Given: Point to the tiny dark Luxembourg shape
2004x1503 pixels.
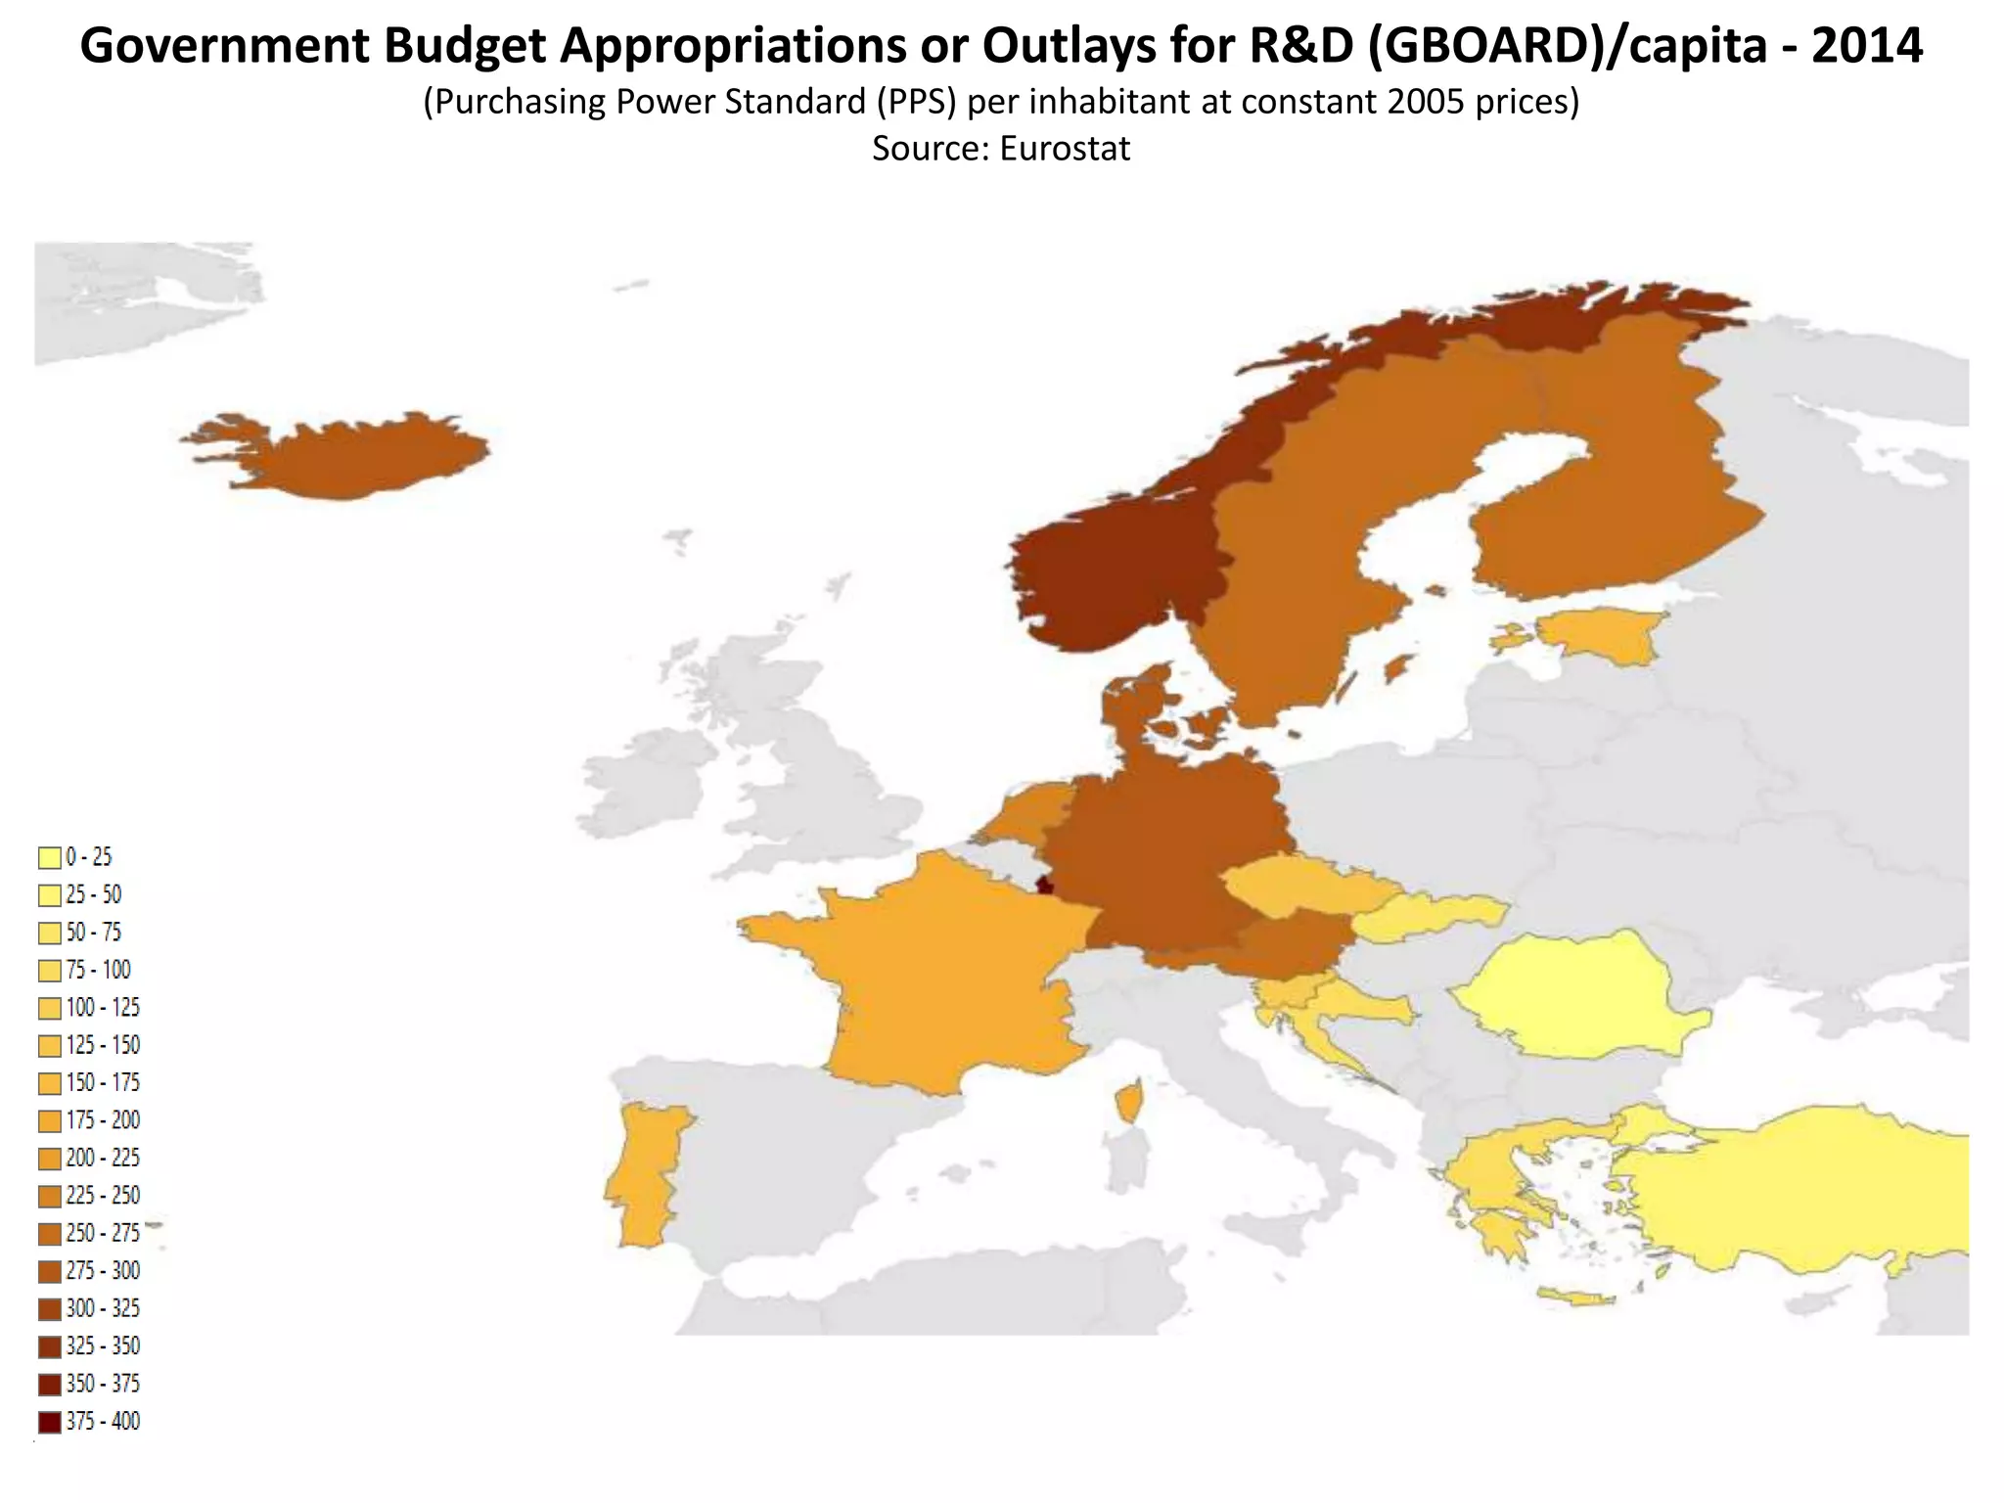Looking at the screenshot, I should pyautogui.click(x=1044, y=885).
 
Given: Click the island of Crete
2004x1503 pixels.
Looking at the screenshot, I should pyautogui.click(x=1575, y=1298).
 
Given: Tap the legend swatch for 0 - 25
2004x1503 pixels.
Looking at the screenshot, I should pyautogui.click(x=50, y=858).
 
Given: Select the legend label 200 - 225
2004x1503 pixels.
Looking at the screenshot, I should pyautogui.click(x=103, y=1159).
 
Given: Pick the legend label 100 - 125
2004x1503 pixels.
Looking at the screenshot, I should pyautogui.click(x=103, y=1008).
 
